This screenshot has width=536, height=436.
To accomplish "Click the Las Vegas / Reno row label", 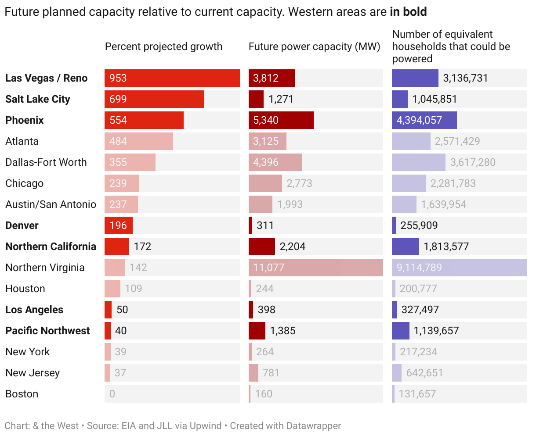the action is tap(46, 78).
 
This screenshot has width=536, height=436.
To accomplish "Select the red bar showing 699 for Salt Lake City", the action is tap(154, 99).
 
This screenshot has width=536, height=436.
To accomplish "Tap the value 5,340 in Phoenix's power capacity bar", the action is tap(266, 120).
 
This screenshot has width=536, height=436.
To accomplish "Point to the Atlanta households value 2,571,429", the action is tap(457, 141).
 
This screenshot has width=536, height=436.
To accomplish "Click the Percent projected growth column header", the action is tap(163, 46).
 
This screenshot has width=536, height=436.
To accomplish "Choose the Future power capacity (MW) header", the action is tap(314, 46).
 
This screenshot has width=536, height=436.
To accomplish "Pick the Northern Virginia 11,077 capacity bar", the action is tap(316, 268).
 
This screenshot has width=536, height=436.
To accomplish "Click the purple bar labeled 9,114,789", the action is tap(460, 268).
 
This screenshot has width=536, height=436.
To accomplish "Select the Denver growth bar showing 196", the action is tap(119, 225).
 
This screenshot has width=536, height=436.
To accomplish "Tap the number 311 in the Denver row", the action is tap(265, 225).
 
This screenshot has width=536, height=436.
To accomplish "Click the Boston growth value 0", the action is tap(112, 394).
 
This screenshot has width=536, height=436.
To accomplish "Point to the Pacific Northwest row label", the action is tap(47, 331).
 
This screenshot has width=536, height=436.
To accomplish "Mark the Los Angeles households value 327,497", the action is tap(420, 310).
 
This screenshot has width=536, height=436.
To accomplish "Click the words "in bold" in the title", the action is tap(408, 11).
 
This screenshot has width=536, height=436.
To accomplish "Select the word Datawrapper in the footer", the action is tap(314, 426).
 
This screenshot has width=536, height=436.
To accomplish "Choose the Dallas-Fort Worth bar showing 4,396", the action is tap(275, 162).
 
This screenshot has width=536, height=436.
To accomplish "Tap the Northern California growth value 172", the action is tap(142, 247).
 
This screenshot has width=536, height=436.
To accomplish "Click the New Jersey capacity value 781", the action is tap(271, 373).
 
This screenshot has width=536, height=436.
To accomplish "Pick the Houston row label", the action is tap(25, 289).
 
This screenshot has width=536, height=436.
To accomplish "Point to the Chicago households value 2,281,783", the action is tap(453, 183).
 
